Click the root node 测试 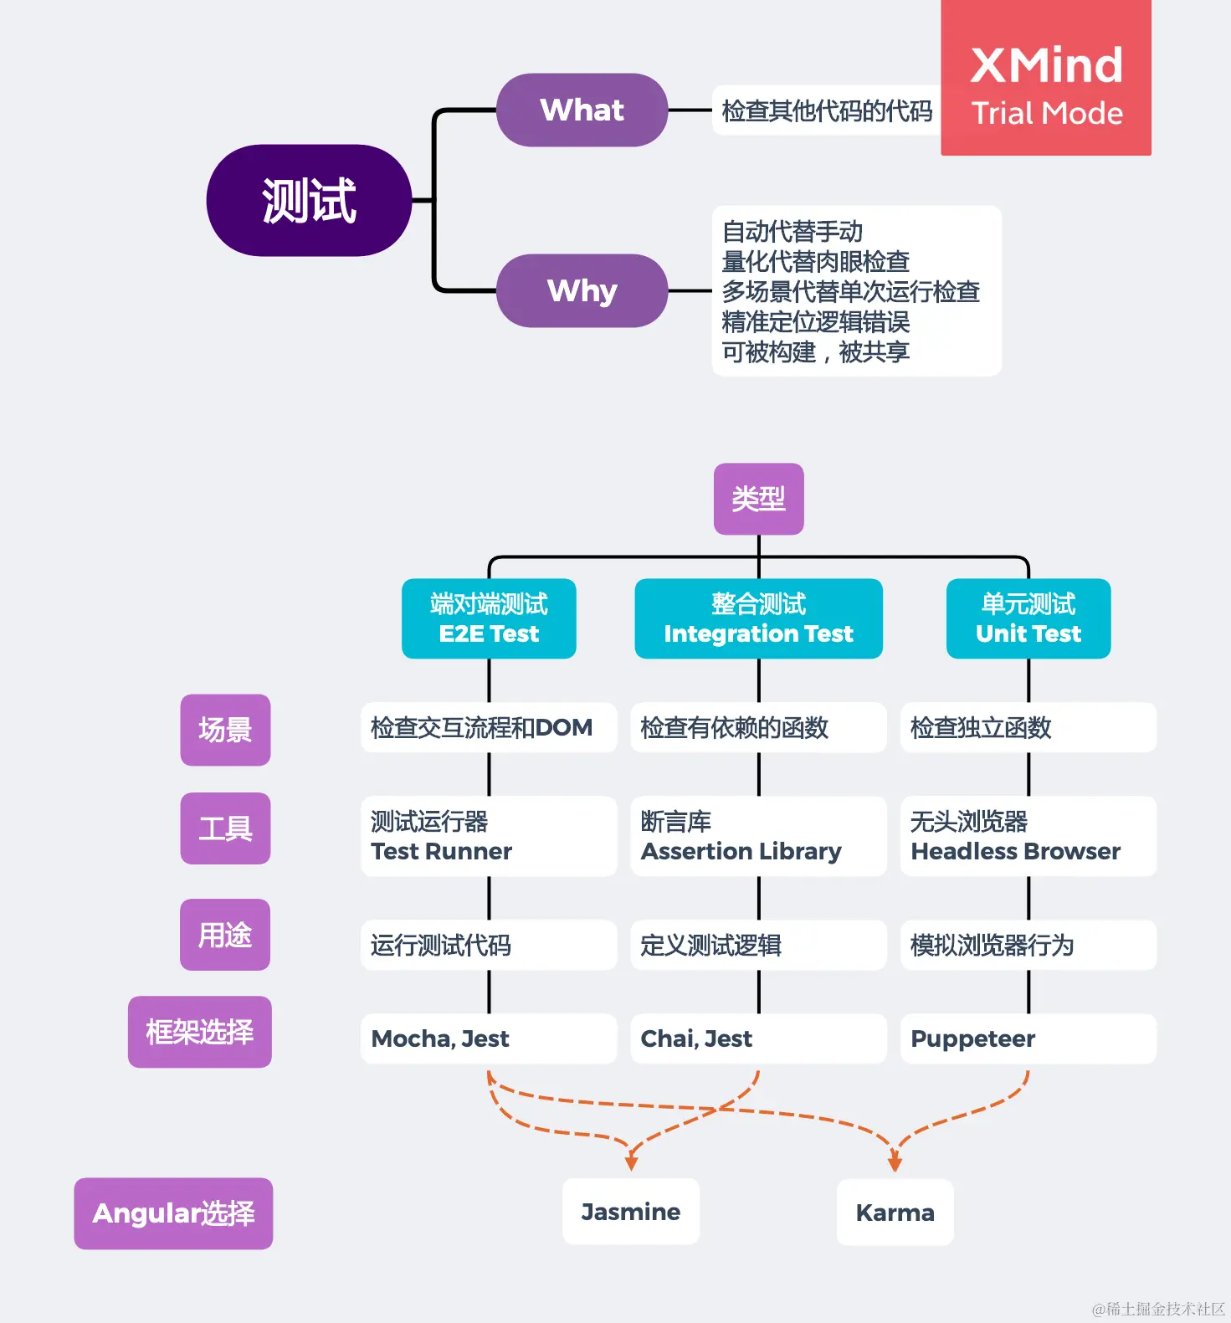tap(309, 201)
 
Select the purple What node tap(582, 110)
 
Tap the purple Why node tap(582, 291)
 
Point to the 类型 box tap(758, 499)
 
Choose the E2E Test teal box tap(489, 618)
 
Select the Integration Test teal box tap(758, 618)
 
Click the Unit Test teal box tap(1028, 618)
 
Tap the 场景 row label tap(225, 730)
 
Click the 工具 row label tap(225, 828)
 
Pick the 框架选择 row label tap(199, 1032)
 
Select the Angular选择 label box tap(173, 1213)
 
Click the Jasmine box tap(630, 1212)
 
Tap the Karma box tap(895, 1213)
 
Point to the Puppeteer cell tap(1028, 1038)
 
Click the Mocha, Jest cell tap(489, 1038)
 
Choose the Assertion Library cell tap(758, 837)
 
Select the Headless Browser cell tap(1028, 837)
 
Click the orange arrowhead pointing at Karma tap(895, 1163)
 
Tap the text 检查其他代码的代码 tap(827, 110)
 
